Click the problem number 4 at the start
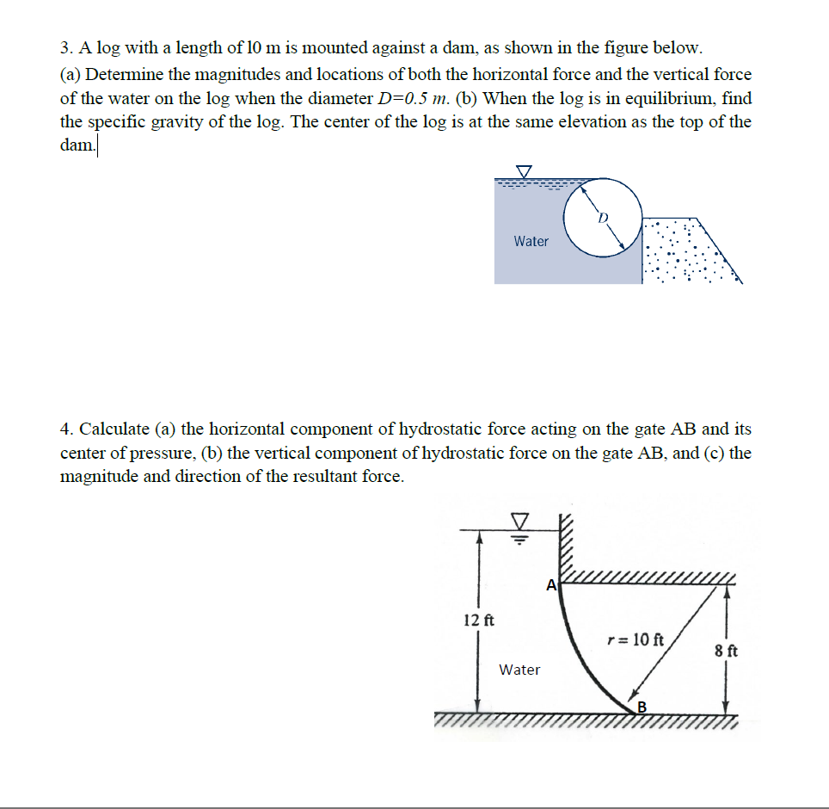pyautogui.click(x=64, y=429)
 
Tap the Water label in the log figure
pyautogui.click(x=531, y=242)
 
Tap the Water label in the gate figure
pyautogui.click(x=519, y=670)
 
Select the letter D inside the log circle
pyautogui.click(x=604, y=219)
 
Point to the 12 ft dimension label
pyautogui.click(x=478, y=621)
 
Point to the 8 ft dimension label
pyautogui.click(x=726, y=651)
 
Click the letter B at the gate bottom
pyautogui.click(x=640, y=707)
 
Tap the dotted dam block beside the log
pyautogui.click(x=684, y=254)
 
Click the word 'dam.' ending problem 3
pyautogui.click(x=77, y=145)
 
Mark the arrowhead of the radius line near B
pyautogui.click(x=633, y=697)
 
